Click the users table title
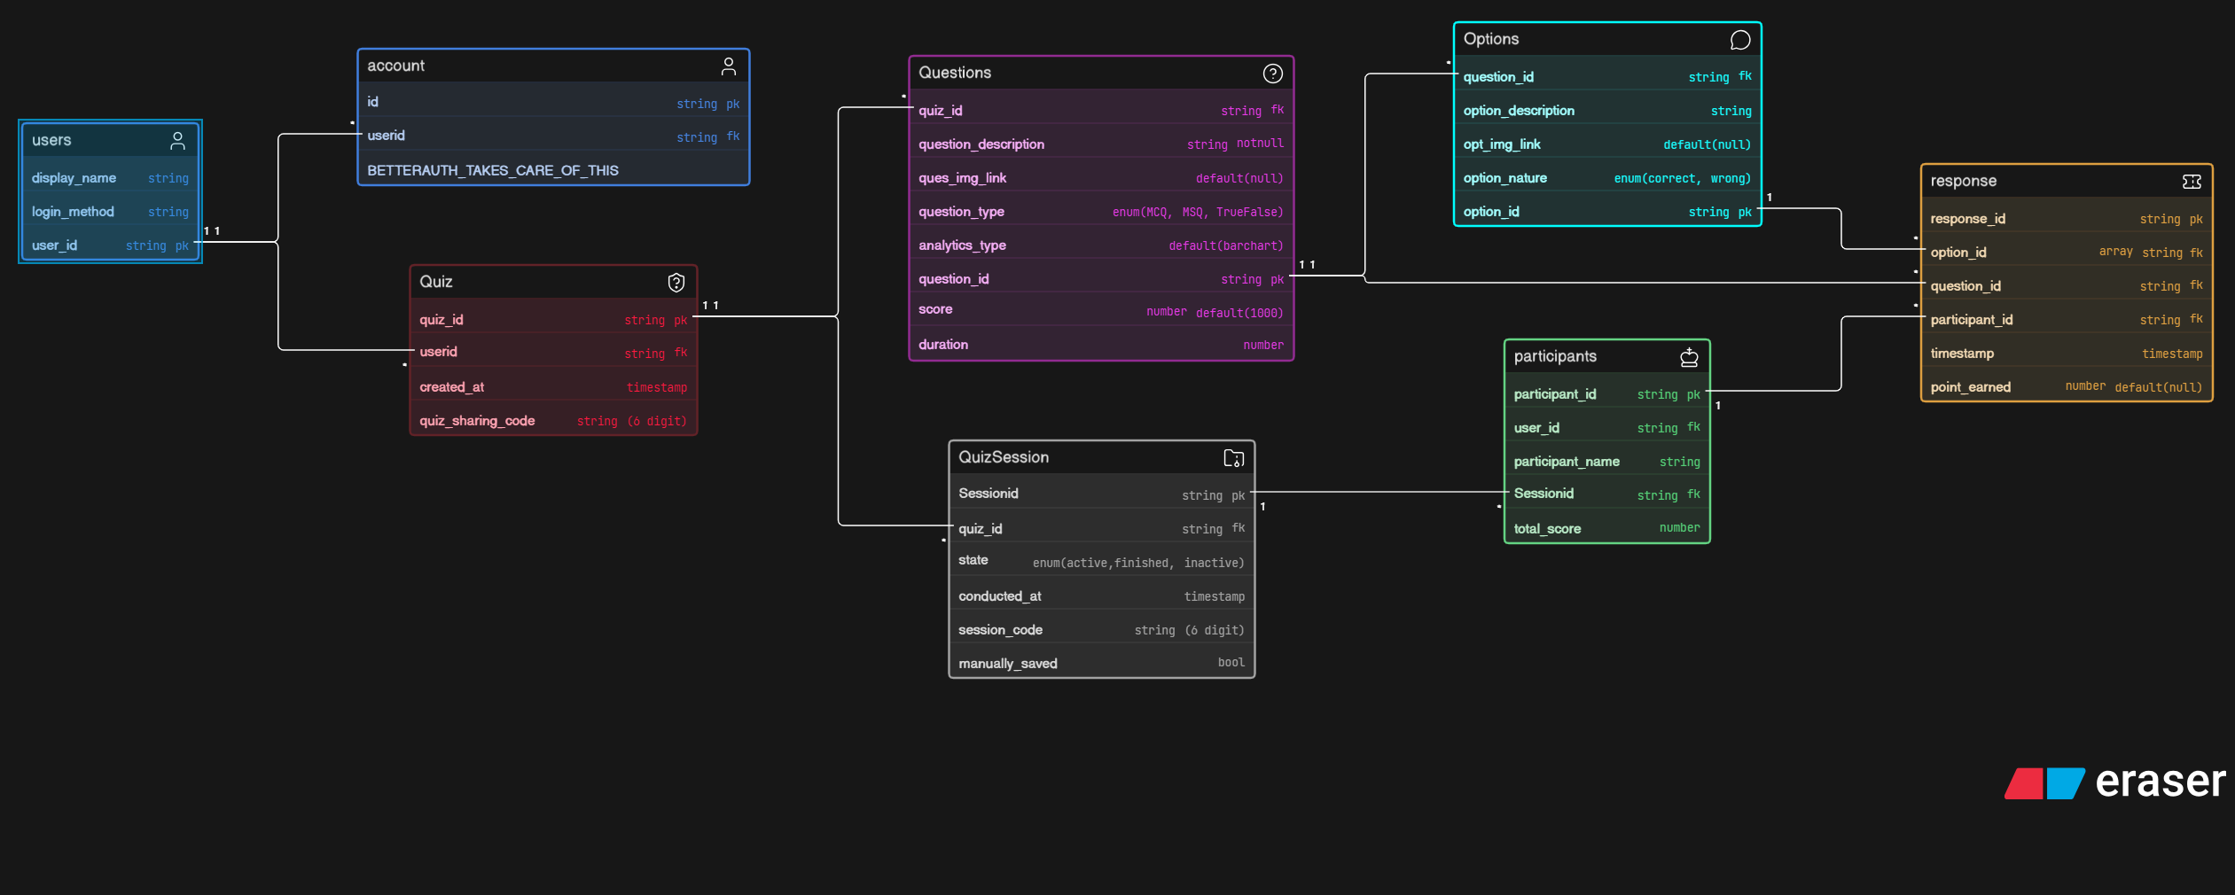(51, 140)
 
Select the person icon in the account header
(729, 66)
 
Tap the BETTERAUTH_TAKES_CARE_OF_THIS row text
(493, 170)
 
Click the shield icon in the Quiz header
(676, 282)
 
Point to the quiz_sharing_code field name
(477, 421)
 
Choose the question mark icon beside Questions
(1273, 74)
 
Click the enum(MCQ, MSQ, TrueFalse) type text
(1198, 212)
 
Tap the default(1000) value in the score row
(1239, 313)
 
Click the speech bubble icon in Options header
(1740, 40)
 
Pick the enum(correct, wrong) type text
(1682, 178)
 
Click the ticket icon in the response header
(2192, 182)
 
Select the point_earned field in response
(1971, 387)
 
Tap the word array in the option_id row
(2115, 252)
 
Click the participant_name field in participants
(1567, 462)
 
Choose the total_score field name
(1547, 529)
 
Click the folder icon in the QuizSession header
(1234, 458)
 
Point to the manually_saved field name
(1008, 664)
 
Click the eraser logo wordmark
(2161, 782)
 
